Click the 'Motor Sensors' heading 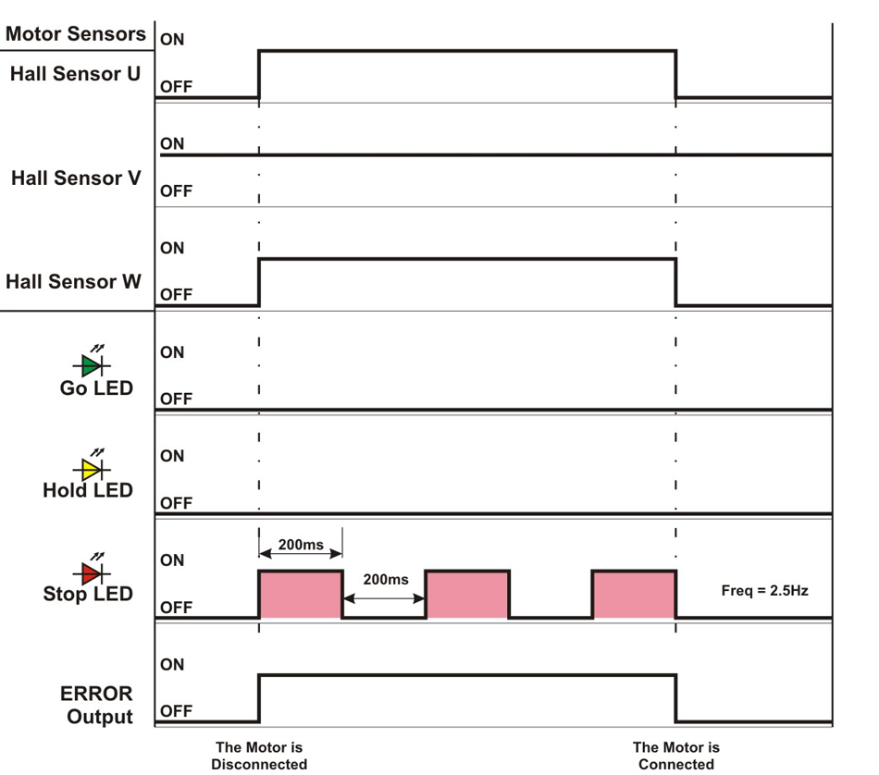(76, 34)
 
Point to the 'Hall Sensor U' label (76, 74)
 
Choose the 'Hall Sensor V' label (76, 178)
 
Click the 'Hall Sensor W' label (74, 281)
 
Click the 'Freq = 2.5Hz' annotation (764, 590)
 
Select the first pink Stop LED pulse (301, 595)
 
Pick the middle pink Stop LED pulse (467, 595)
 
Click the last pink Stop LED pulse (634, 595)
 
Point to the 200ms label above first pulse (301, 545)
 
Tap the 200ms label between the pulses (385, 580)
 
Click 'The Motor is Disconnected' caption (259, 756)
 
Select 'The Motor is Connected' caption (676, 756)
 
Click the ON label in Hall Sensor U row (172, 40)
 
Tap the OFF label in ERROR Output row (176, 712)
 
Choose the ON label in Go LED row (172, 352)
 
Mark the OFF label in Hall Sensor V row (176, 191)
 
